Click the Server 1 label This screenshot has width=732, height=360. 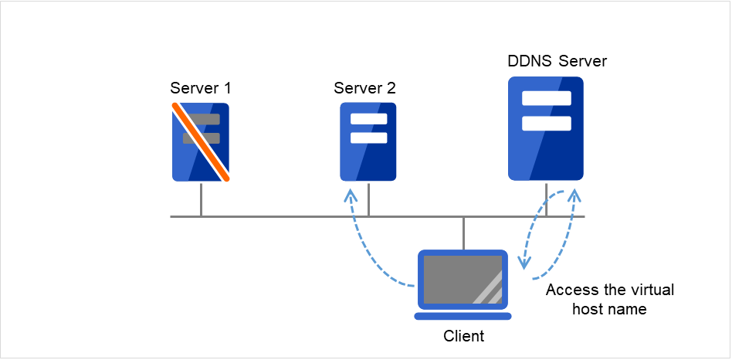(200, 87)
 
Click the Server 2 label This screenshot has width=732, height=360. (364, 87)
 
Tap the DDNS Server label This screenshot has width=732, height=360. (557, 61)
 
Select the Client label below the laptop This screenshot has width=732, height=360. (463, 336)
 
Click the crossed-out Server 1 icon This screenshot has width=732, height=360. (201, 142)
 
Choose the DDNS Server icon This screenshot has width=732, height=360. (546, 129)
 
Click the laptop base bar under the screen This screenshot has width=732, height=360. (463, 316)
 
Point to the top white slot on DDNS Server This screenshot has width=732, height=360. (546, 99)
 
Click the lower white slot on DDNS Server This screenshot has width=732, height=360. (546, 124)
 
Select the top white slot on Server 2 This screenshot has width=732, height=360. (368, 120)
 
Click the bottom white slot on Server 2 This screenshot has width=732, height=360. (368, 138)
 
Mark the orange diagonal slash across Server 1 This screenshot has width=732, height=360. (201, 142)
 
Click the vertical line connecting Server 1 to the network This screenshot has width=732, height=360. (201, 199)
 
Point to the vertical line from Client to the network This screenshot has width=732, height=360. (463, 233)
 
